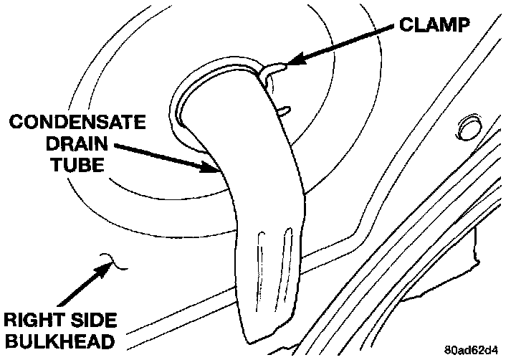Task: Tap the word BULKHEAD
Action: (x=59, y=341)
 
